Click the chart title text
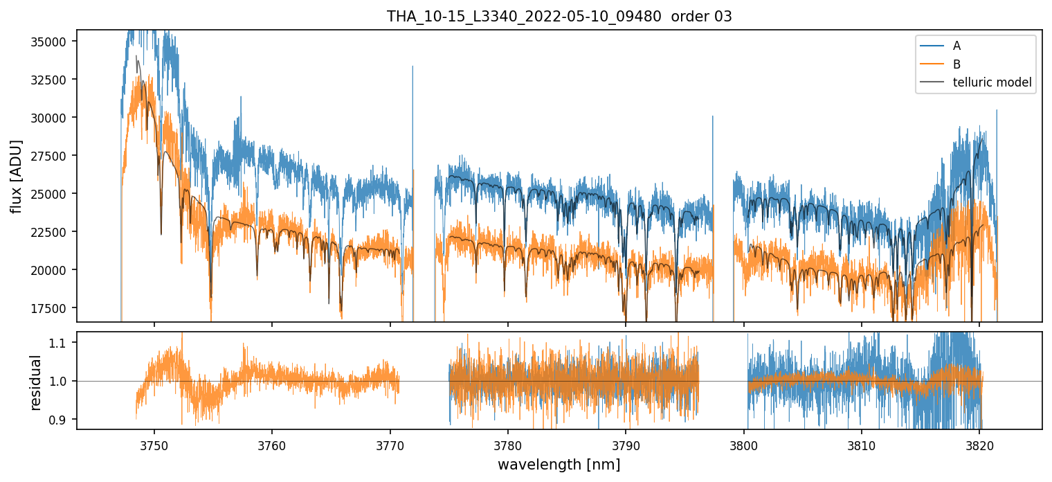pyautogui.click(x=559, y=17)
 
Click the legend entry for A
pyautogui.click(x=956, y=46)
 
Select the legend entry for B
pyautogui.click(x=956, y=64)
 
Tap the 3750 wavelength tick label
pyautogui.click(x=154, y=443)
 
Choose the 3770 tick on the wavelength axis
pyautogui.click(x=390, y=443)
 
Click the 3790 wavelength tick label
pyautogui.click(x=626, y=443)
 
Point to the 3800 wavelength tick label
pyautogui.click(x=743, y=443)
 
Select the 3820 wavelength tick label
pyautogui.click(x=979, y=443)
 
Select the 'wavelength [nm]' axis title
pyautogui.click(x=559, y=465)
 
